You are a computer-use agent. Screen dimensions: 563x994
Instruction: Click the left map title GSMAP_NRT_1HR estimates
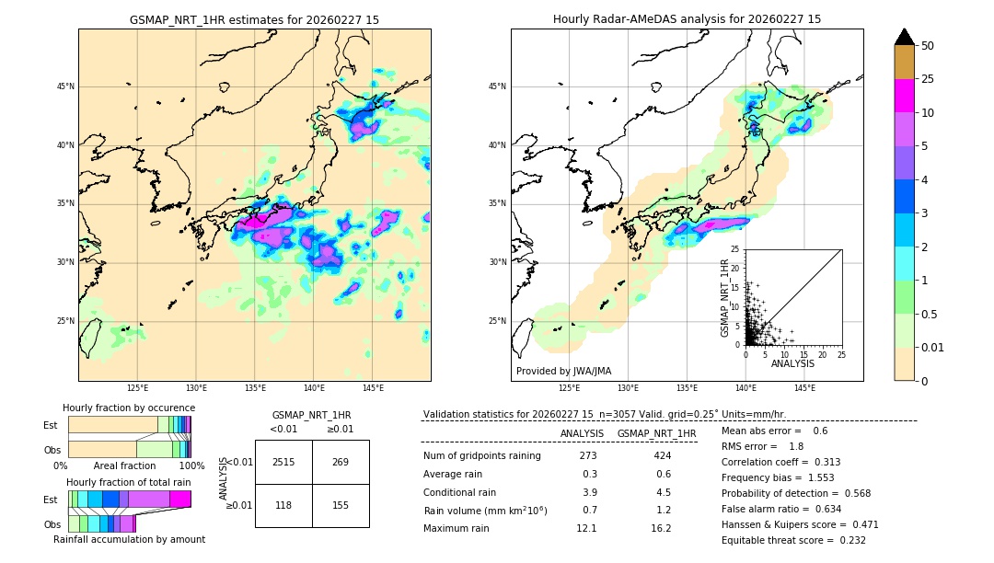click(x=254, y=19)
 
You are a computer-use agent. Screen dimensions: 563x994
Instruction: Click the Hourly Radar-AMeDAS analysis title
click(x=687, y=19)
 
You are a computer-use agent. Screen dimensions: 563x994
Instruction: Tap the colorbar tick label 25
click(x=928, y=80)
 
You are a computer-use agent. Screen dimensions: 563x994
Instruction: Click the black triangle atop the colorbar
click(x=905, y=37)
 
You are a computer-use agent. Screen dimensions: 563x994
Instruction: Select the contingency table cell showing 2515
click(x=283, y=462)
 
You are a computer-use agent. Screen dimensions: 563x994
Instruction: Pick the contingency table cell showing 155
click(x=341, y=505)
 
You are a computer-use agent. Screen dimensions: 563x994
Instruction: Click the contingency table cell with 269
click(x=341, y=462)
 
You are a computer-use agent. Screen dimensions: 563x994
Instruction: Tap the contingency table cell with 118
click(x=283, y=505)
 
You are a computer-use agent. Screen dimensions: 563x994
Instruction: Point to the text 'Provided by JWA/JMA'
click(x=563, y=371)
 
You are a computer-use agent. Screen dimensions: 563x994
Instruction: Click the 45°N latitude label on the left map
click(x=65, y=86)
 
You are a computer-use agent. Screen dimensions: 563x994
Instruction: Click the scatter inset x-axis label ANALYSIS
click(x=792, y=363)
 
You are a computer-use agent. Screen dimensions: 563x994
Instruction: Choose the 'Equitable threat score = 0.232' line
click(x=793, y=540)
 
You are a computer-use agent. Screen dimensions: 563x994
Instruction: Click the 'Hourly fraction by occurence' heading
click(x=129, y=408)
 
